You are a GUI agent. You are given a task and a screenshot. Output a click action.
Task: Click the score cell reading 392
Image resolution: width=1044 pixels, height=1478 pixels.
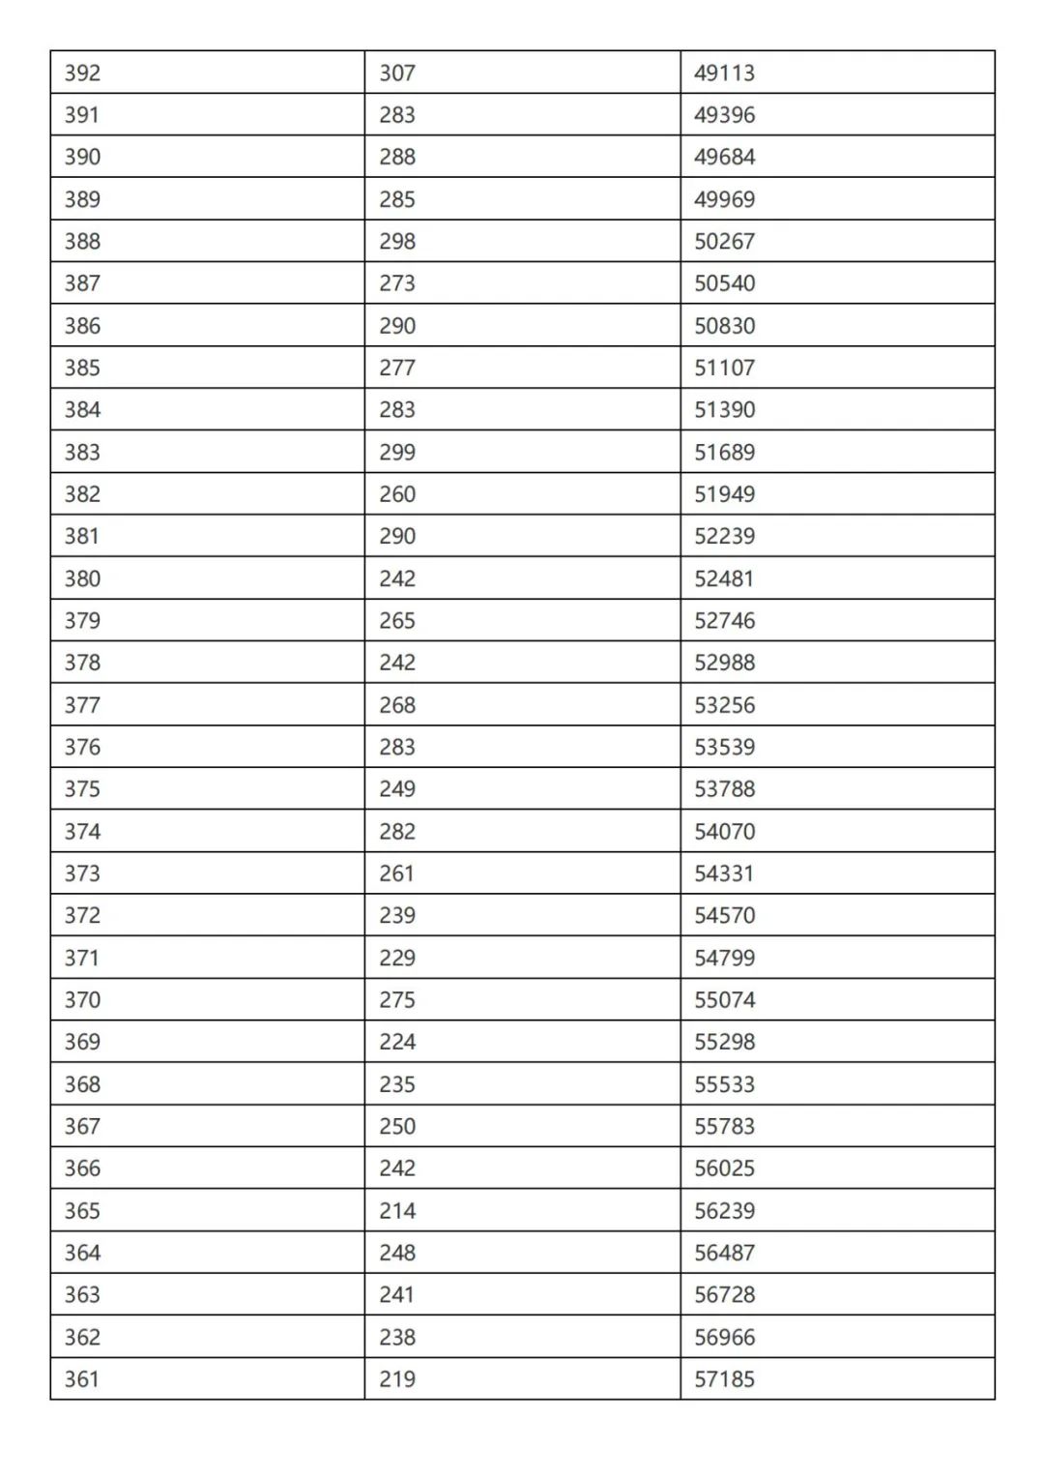82,73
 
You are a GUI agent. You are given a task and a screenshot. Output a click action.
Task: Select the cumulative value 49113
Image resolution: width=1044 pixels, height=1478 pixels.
724,73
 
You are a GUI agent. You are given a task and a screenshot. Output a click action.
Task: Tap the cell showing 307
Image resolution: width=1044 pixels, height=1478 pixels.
396,73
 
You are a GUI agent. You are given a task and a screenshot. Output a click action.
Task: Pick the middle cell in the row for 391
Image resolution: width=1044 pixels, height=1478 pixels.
396,115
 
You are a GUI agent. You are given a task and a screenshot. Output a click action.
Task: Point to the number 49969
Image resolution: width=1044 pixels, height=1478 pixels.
724,199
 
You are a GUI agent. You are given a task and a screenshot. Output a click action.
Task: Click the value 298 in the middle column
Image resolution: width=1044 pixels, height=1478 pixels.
396,241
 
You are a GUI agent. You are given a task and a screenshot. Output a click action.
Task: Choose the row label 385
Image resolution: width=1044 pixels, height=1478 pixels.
82,368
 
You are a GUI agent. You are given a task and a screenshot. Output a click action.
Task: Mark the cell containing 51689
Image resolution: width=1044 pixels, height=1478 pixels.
724,452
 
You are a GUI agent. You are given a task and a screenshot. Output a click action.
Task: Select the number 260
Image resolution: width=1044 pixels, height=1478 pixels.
396,494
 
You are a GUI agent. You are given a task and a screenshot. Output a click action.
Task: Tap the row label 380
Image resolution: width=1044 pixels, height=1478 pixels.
82,578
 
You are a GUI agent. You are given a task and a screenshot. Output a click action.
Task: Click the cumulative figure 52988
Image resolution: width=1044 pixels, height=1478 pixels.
724,663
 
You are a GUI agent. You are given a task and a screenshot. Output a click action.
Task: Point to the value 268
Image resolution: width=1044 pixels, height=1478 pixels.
396,705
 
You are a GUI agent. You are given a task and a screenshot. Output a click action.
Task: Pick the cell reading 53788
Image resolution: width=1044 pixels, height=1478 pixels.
724,789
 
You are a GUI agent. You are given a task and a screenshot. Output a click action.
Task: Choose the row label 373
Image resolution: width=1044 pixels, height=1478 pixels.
82,873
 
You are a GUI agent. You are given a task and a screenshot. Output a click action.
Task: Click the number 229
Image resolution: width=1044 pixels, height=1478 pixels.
396,958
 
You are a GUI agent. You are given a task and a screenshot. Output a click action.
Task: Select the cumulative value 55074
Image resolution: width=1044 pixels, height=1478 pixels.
724,999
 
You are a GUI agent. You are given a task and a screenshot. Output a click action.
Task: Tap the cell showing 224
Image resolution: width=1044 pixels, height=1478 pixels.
396,1042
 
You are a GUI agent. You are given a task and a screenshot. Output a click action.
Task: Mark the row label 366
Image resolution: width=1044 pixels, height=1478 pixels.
82,1168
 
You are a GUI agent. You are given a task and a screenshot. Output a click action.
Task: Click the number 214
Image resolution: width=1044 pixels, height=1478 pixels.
396,1211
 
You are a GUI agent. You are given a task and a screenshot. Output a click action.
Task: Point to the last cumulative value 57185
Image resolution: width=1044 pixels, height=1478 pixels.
724,1379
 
